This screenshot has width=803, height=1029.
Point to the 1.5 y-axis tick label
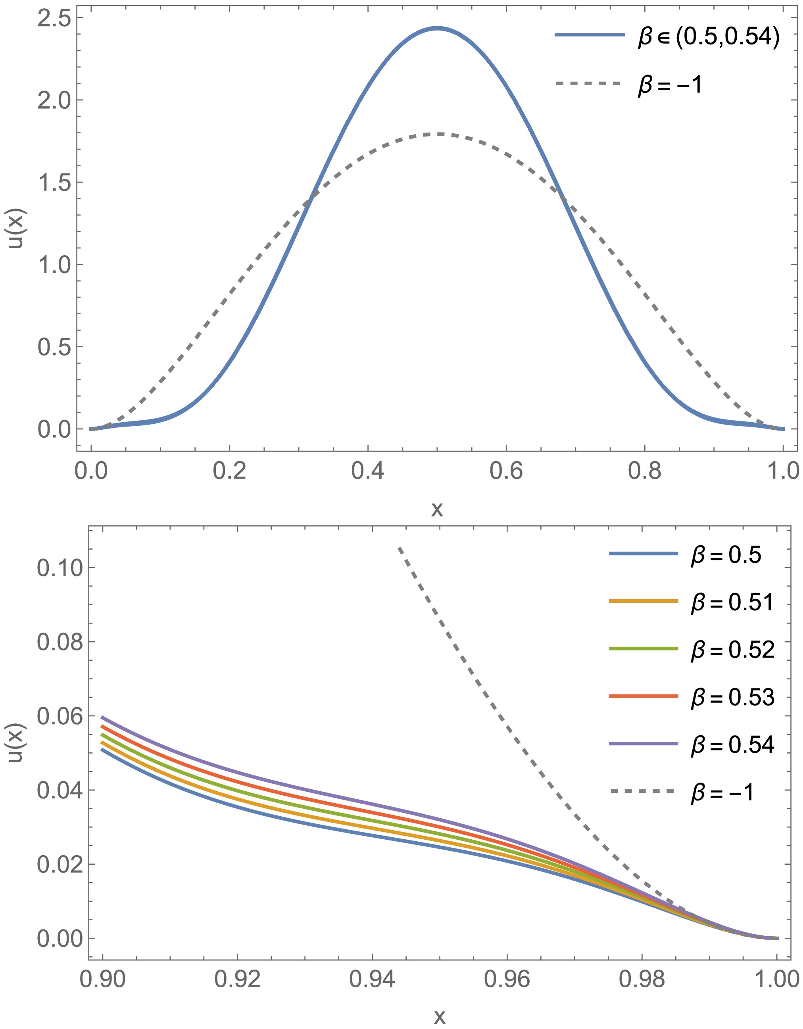53,183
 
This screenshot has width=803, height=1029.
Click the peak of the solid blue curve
437,28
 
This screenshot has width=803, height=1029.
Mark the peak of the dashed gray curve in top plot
438,134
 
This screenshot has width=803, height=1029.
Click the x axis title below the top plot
437,509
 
